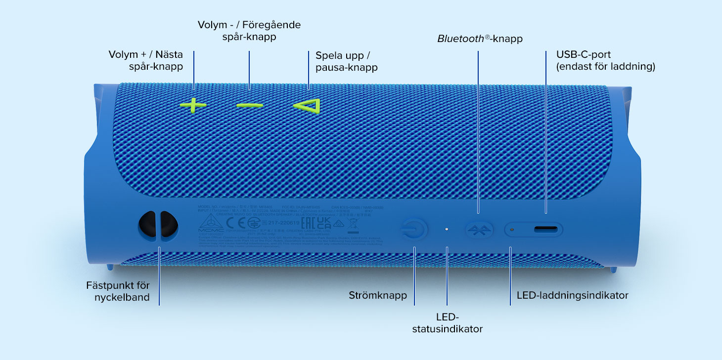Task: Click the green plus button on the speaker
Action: (193, 105)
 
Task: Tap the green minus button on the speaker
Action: (249, 105)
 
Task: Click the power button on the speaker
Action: (414, 229)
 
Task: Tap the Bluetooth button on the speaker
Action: (479, 229)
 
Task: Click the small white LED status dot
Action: (447, 229)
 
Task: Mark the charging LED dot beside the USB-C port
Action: (512, 229)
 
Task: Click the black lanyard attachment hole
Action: (158, 225)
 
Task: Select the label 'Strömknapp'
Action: (378, 296)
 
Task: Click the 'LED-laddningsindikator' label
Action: (572, 296)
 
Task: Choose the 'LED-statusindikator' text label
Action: (447, 322)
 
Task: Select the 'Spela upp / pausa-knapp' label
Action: (346, 61)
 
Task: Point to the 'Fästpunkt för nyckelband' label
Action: (118, 291)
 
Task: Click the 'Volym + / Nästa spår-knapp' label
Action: (145, 60)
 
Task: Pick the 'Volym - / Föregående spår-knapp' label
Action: (249, 31)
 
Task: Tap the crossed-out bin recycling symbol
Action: (353, 225)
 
